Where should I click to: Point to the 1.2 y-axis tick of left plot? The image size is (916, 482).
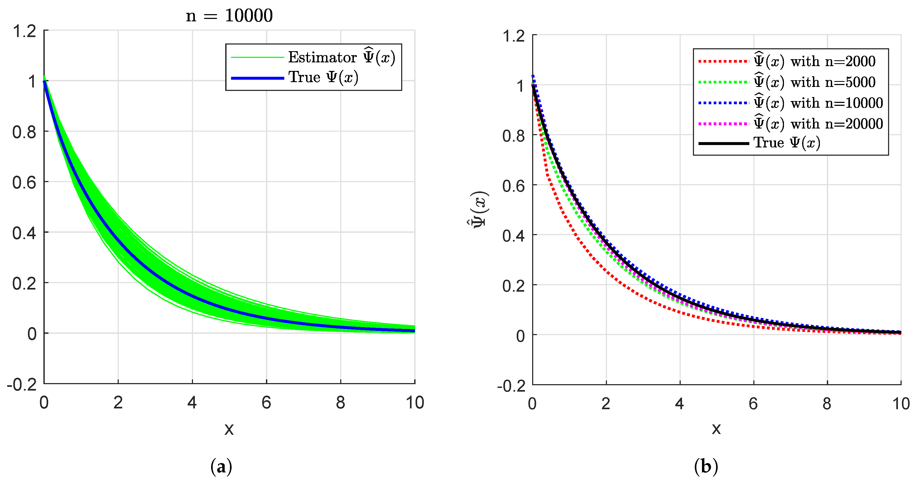tap(24, 31)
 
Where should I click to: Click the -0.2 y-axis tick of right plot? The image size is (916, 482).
tap(511, 386)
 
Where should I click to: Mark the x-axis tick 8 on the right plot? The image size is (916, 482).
tap(827, 404)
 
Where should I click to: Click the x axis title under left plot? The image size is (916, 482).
tap(229, 429)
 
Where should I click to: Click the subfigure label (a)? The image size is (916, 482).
tap(221, 466)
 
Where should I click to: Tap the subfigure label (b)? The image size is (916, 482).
tap(706, 466)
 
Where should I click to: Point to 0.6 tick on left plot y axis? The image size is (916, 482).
tap(24, 183)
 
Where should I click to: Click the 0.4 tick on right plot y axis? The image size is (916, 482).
tap(513, 236)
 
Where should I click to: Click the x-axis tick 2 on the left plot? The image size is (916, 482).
tap(118, 403)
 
